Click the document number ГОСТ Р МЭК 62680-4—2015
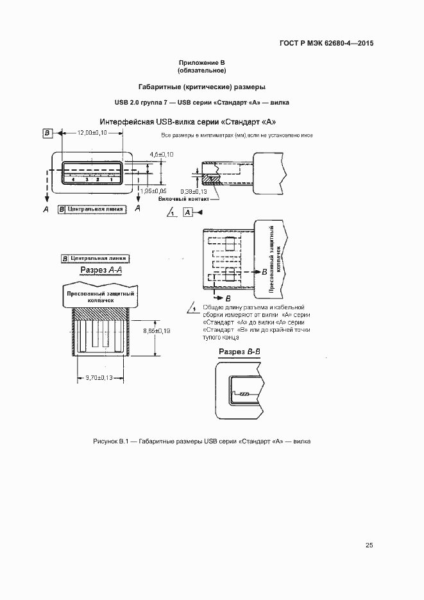tap(326, 44)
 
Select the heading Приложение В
tap(202, 63)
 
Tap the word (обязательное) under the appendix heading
tap(202, 70)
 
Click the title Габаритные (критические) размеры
tap(202, 87)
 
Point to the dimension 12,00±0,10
tap(92, 132)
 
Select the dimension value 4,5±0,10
tap(162, 155)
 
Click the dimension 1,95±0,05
tap(154, 191)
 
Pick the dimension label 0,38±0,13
tap(193, 191)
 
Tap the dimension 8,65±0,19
tap(156, 330)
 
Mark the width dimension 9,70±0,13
tap(95, 379)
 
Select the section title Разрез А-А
tap(101, 271)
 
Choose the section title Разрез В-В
tap(239, 352)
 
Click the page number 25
tap(369, 545)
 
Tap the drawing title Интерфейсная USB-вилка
tap(188, 122)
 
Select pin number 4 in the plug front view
tap(74, 179)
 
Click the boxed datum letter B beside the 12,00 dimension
tap(47, 132)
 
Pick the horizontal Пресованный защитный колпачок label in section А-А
tap(101, 296)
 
